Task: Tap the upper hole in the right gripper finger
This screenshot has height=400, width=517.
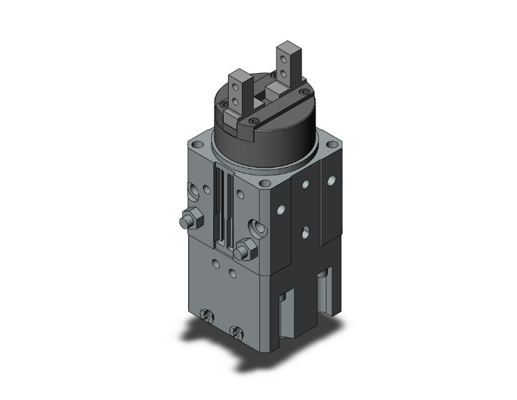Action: [x=284, y=58]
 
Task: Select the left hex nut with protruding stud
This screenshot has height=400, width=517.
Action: [x=188, y=220]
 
